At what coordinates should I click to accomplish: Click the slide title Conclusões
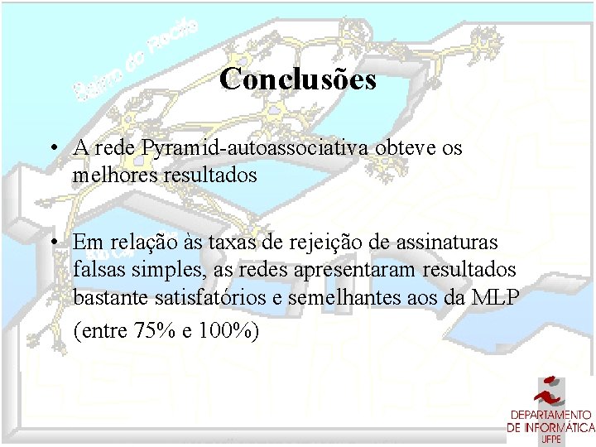click(x=298, y=79)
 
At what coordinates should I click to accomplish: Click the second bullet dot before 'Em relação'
click(x=52, y=243)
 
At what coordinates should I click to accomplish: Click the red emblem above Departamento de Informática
click(x=550, y=391)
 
